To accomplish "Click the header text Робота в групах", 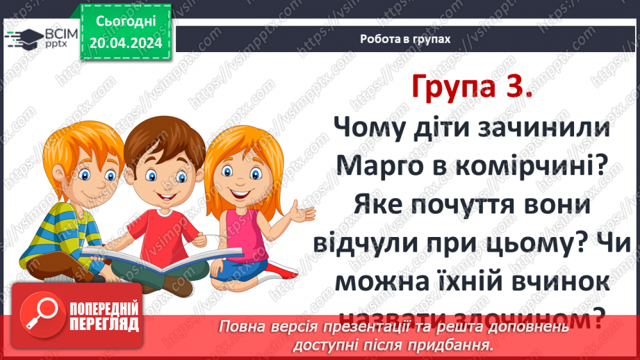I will (405, 39).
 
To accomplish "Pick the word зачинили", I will (538, 126).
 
